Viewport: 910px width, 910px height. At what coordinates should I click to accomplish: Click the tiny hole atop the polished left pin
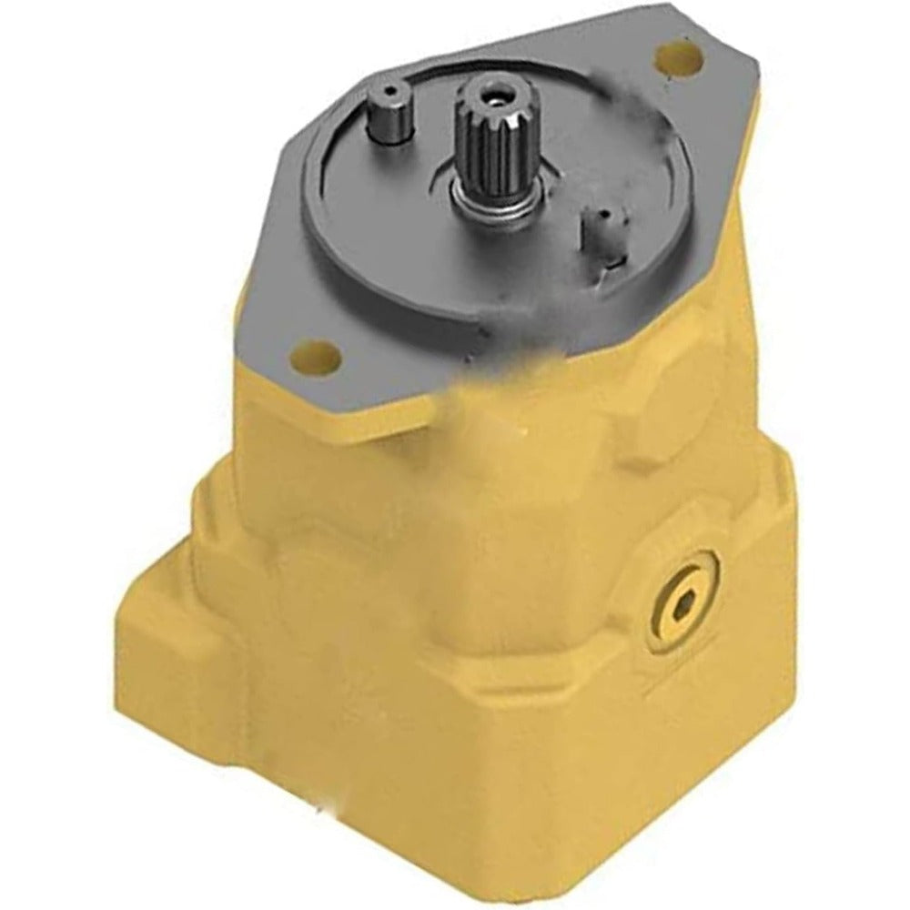click(391, 91)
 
